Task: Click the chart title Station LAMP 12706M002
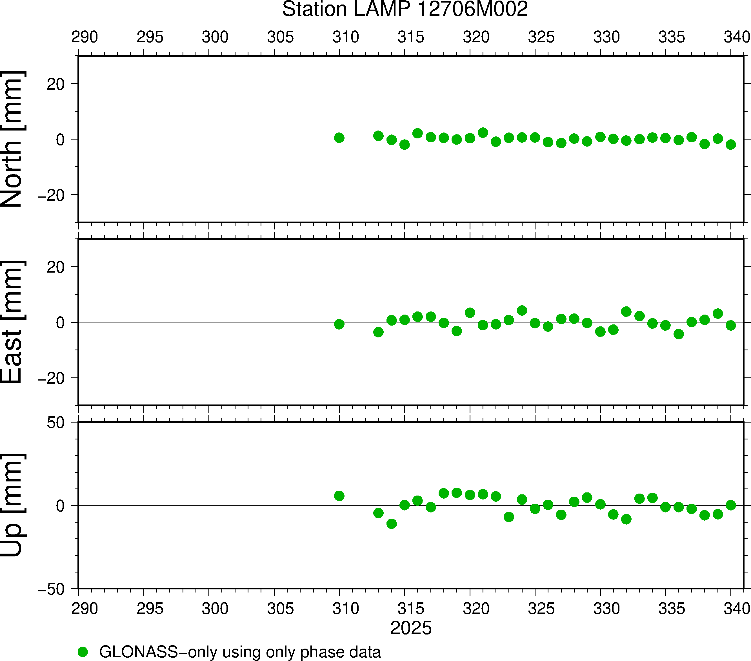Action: (405, 9)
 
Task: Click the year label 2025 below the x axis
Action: (411, 628)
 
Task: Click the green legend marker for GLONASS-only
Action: (83, 652)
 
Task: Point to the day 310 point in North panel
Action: (339, 138)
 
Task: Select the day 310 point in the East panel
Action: (339, 324)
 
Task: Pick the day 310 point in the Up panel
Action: (339, 496)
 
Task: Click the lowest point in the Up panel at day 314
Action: (392, 523)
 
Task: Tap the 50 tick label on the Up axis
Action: (55, 423)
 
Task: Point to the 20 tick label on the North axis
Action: (55, 84)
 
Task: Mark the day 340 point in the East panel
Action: (730, 325)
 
